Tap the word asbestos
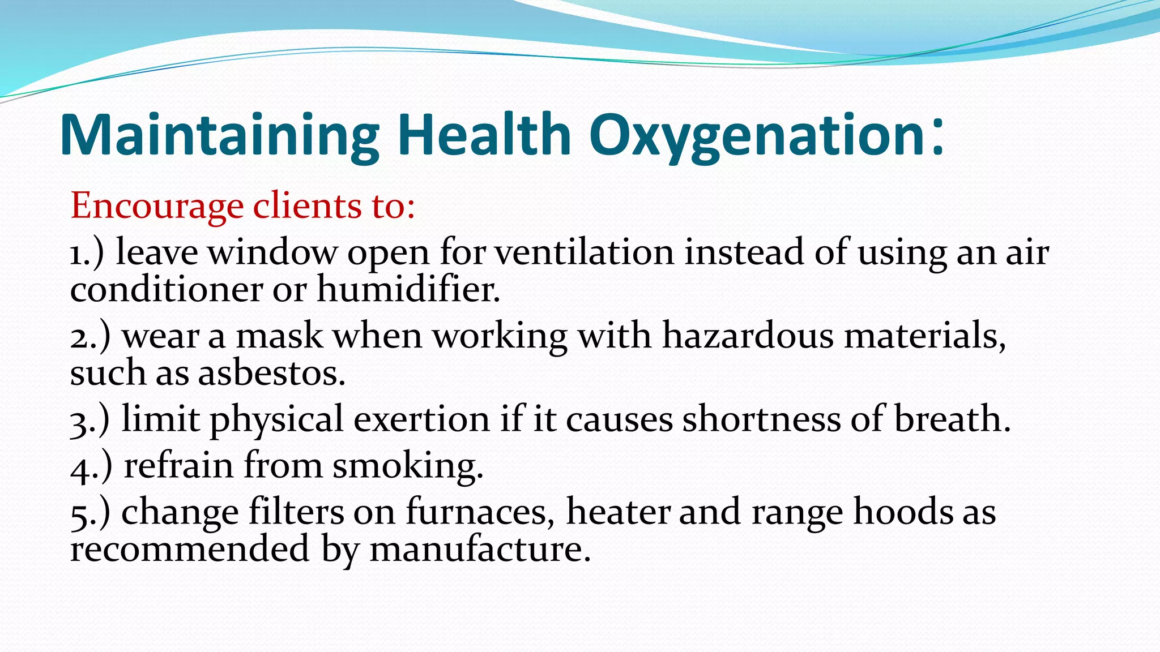coord(271,374)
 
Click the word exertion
coord(421,419)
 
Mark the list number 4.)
coord(91,466)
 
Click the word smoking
coord(407,467)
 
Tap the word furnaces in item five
coord(480,513)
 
